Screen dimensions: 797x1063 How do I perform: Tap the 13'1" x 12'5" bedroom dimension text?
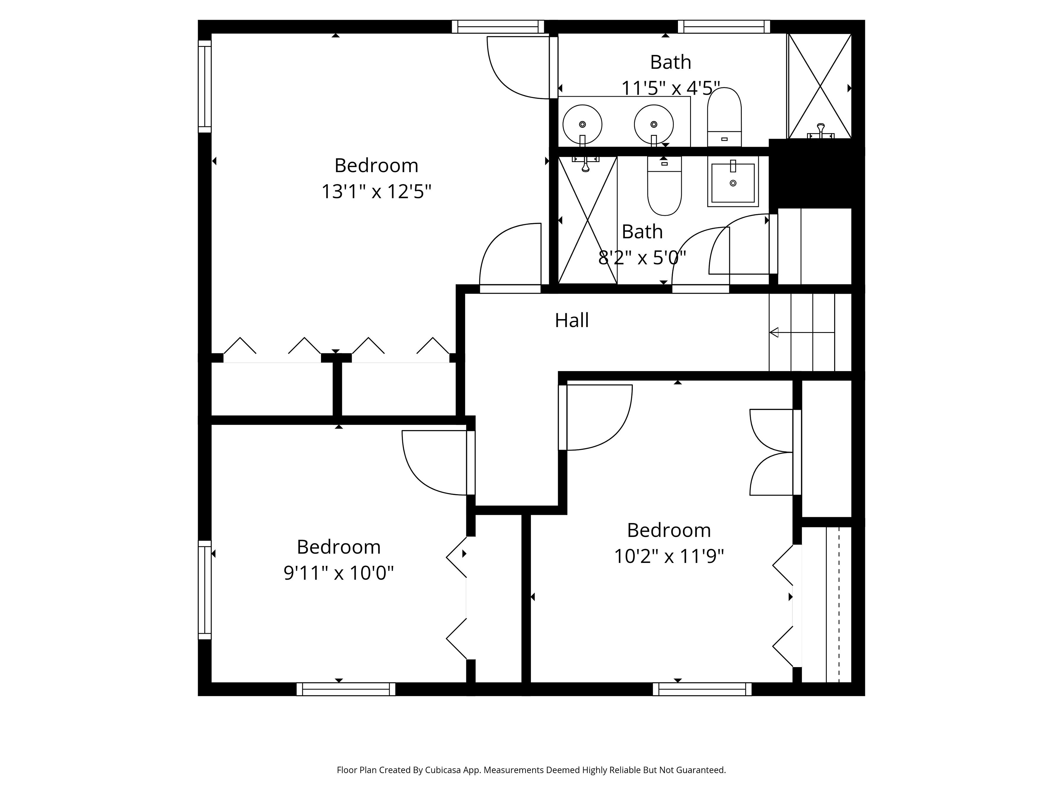(376, 192)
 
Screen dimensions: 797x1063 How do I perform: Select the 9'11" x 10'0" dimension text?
(338, 573)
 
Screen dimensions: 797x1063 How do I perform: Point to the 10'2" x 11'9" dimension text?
(669, 556)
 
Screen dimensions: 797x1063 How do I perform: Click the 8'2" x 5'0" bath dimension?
(642, 258)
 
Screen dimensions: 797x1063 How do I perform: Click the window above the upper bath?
(724, 27)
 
